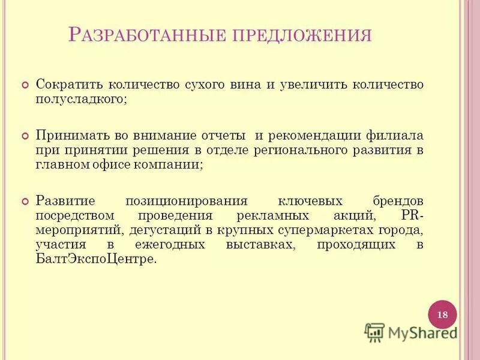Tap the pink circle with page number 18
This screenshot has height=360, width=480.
point(442,314)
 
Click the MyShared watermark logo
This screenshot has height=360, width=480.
point(411,331)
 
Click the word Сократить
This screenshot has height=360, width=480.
point(71,84)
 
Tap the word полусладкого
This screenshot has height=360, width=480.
point(80,99)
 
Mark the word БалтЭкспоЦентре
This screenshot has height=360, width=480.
point(95,259)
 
